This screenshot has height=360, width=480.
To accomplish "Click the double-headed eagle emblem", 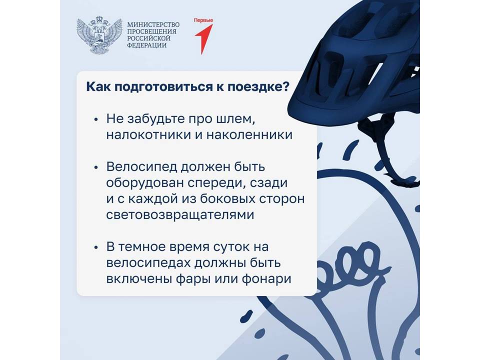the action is (x=99, y=35).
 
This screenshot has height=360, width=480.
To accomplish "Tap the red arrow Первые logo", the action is (x=203, y=36).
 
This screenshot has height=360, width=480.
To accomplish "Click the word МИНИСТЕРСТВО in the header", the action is (x=153, y=24).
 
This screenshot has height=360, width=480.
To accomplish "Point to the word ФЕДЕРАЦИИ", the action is (x=147, y=45).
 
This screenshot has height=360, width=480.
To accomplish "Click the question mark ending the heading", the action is (x=284, y=86).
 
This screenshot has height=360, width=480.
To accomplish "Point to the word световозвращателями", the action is (x=180, y=214).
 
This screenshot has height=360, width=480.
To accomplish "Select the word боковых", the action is (x=228, y=198).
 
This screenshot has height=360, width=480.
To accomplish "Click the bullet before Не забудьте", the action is (x=96, y=119).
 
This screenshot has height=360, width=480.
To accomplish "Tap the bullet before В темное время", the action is (x=96, y=247).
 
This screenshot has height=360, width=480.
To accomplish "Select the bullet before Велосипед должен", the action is (x=96, y=167).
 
